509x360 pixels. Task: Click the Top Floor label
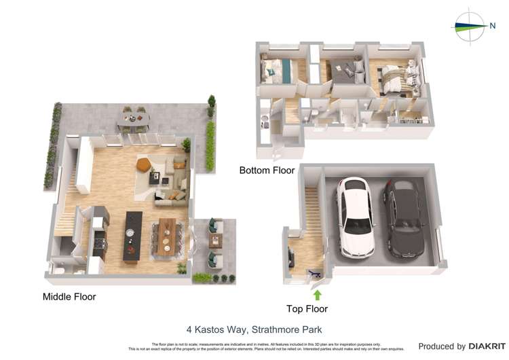(307, 309)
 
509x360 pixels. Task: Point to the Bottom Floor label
(267, 170)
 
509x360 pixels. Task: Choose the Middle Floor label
(69, 297)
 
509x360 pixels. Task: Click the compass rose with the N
(470, 26)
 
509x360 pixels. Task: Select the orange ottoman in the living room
(143, 164)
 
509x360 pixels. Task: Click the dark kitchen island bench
(133, 236)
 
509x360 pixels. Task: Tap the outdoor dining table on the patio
(134, 119)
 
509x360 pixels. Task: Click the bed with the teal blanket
(278, 70)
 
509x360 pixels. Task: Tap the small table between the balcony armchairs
(216, 240)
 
